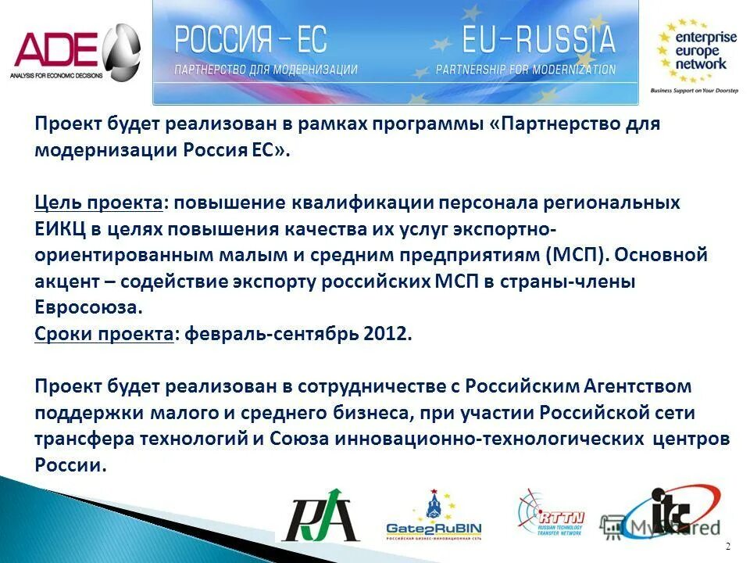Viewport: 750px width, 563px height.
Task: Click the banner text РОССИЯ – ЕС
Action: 250,39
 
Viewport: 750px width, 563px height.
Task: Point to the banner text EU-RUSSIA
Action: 538,38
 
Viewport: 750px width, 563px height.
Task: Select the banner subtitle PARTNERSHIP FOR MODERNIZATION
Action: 525,70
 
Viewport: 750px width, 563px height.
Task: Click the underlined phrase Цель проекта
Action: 98,203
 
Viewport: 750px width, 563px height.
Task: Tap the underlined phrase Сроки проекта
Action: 104,334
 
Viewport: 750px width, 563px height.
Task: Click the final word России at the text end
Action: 69,464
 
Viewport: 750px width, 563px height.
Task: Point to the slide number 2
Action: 728,545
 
